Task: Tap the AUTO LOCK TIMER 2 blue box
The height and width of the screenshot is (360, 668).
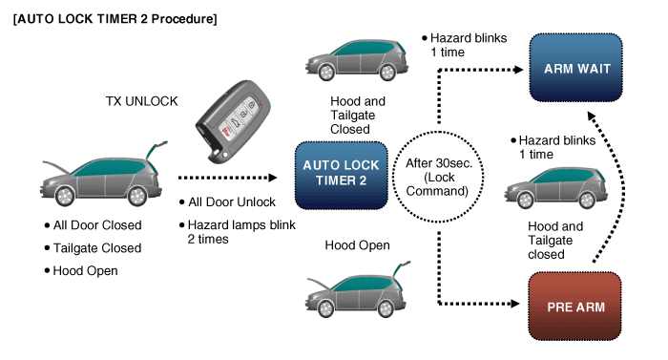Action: click(x=342, y=174)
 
